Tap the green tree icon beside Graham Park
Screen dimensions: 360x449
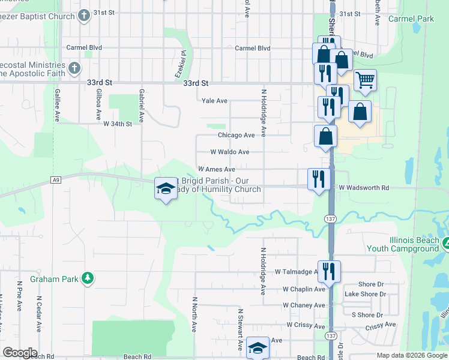coord(88,278)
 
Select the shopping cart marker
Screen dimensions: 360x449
coord(365,80)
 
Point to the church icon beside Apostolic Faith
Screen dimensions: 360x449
coord(74,67)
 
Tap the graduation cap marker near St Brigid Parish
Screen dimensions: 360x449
coord(166,189)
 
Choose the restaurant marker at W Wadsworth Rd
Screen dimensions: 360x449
coord(318,178)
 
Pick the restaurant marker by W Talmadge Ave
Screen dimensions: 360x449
coord(328,271)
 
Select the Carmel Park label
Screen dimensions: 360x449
coord(411,19)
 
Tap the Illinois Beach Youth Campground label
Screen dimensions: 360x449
coord(414,244)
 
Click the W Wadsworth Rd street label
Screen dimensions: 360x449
coord(364,188)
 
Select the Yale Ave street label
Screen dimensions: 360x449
coord(214,101)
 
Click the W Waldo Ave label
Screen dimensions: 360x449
coord(229,152)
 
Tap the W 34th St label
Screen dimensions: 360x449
coord(117,124)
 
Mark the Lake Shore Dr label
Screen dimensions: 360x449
coord(365,295)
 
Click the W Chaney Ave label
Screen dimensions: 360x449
coord(303,305)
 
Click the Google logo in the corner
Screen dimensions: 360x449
coord(20,353)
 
